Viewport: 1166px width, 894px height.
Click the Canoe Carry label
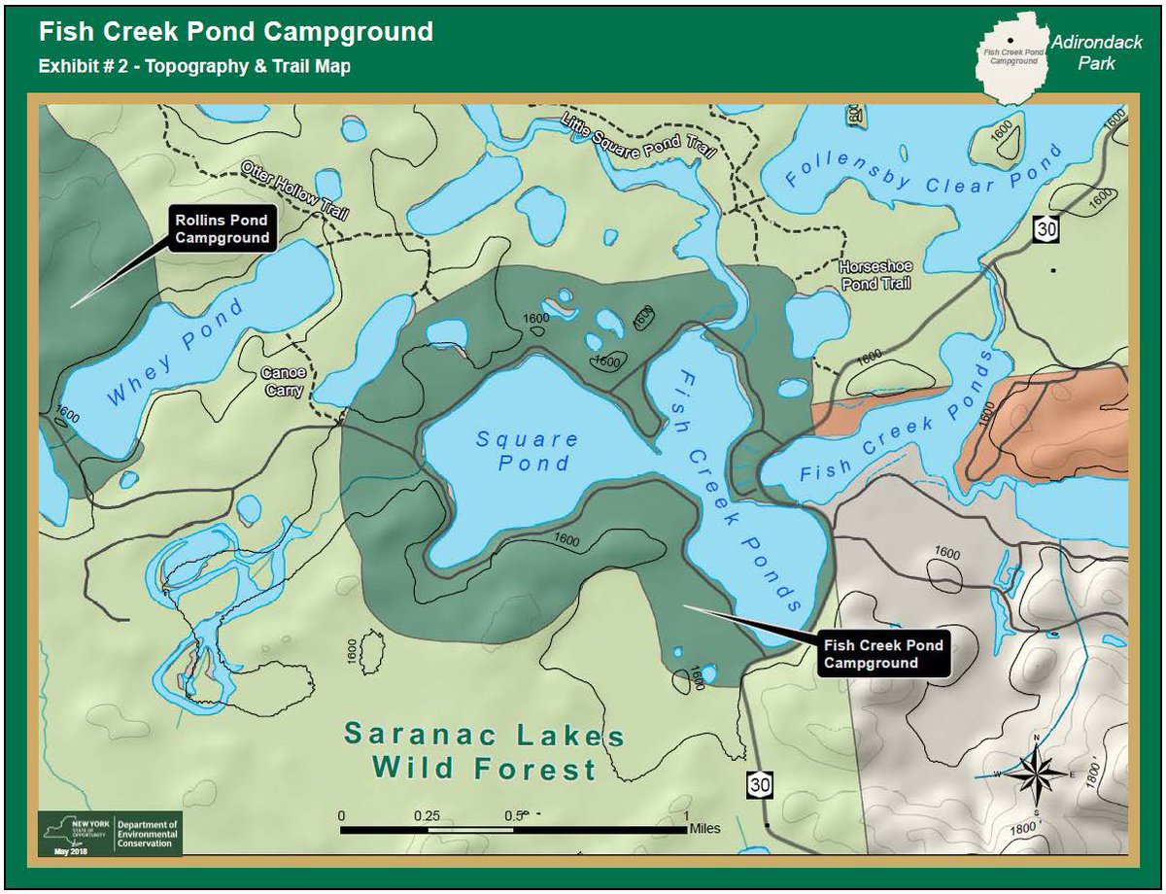pos(283,382)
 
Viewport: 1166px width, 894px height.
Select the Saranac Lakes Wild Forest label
pos(484,752)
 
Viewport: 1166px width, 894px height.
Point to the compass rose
pos(1036,774)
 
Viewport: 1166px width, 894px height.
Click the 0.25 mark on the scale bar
pos(427,815)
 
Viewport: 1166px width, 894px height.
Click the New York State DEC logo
pos(109,834)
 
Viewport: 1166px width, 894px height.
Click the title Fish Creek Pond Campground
pos(235,31)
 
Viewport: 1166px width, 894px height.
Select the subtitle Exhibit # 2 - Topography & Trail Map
pos(194,67)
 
